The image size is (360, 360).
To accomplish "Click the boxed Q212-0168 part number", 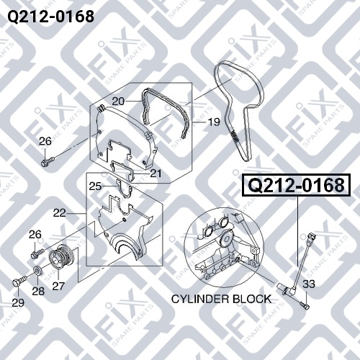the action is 297,185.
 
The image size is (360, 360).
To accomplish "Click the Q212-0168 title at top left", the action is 50,17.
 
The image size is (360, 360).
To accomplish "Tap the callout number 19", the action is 214,122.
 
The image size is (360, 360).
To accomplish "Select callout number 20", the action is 118,102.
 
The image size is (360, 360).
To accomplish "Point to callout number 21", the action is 156,174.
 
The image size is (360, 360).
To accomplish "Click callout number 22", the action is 60,213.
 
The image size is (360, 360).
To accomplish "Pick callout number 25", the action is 95,186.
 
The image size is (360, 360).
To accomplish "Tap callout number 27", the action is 58,286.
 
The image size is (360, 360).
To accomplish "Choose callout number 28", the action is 38,291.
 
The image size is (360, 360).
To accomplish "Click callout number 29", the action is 18,303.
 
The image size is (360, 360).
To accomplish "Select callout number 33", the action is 309,284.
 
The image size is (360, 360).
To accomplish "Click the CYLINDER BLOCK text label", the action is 221,299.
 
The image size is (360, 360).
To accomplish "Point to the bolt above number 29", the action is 19,281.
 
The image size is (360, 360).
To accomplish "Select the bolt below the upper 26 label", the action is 48,161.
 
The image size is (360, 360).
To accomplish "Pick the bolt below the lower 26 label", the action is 38,253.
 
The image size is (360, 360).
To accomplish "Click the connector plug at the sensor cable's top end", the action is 310,238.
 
